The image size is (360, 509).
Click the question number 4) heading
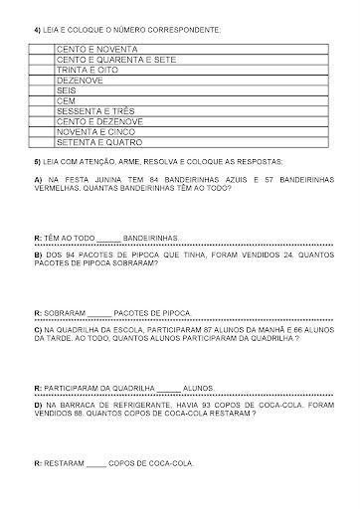click(37, 32)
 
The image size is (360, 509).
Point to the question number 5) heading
click(37, 160)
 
